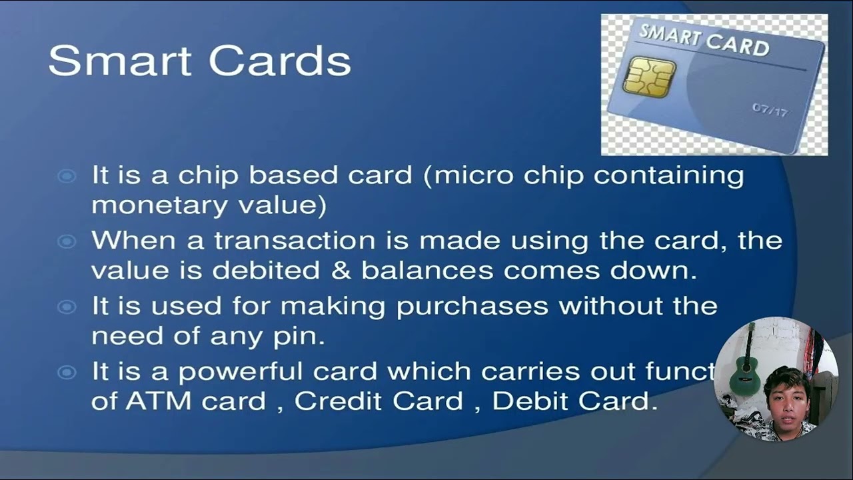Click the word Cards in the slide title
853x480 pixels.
click(280, 61)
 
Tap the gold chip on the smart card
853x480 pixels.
click(649, 77)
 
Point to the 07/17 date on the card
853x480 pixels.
click(770, 109)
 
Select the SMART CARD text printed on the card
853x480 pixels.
click(704, 40)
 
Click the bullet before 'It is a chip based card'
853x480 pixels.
click(67, 176)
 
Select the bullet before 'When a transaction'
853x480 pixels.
click(67, 241)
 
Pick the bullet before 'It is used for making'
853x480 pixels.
click(67, 307)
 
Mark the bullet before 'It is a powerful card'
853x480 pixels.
click(67, 372)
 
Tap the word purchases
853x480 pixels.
click(472, 307)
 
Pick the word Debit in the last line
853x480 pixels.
click(530, 401)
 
